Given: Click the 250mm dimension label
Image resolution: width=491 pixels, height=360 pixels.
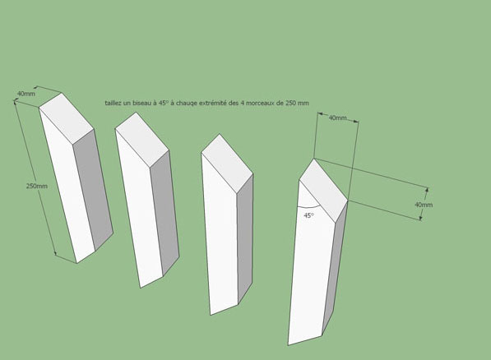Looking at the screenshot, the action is click(x=37, y=186).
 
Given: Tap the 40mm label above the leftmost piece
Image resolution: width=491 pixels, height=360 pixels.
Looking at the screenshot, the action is click(x=26, y=93).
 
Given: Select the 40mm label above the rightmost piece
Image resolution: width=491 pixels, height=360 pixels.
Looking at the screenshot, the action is click(x=337, y=118).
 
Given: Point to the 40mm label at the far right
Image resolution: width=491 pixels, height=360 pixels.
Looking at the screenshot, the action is click(x=424, y=205).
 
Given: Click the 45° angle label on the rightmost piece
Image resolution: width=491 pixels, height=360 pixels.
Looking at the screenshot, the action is click(x=308, y=215).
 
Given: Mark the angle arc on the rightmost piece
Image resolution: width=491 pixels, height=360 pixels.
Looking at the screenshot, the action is click(x=308, y=207).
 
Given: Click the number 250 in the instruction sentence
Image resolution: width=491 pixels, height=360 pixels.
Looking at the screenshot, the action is click(x=290, y=103).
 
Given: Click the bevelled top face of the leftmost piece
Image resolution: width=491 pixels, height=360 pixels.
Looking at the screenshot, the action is click(x=66, y=118).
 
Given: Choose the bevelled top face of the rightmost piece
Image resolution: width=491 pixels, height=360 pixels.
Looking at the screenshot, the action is click(x=323, y=191).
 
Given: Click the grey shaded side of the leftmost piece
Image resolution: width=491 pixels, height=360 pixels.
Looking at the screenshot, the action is click(x=93, y=190).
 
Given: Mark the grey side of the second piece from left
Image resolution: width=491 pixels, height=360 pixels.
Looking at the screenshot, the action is click(x=164, y=214).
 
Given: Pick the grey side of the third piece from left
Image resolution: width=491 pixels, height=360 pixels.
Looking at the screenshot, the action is click(x=245, y=238).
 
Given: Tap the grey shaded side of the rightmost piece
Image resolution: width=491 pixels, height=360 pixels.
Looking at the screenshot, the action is click(x=335, y=269).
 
